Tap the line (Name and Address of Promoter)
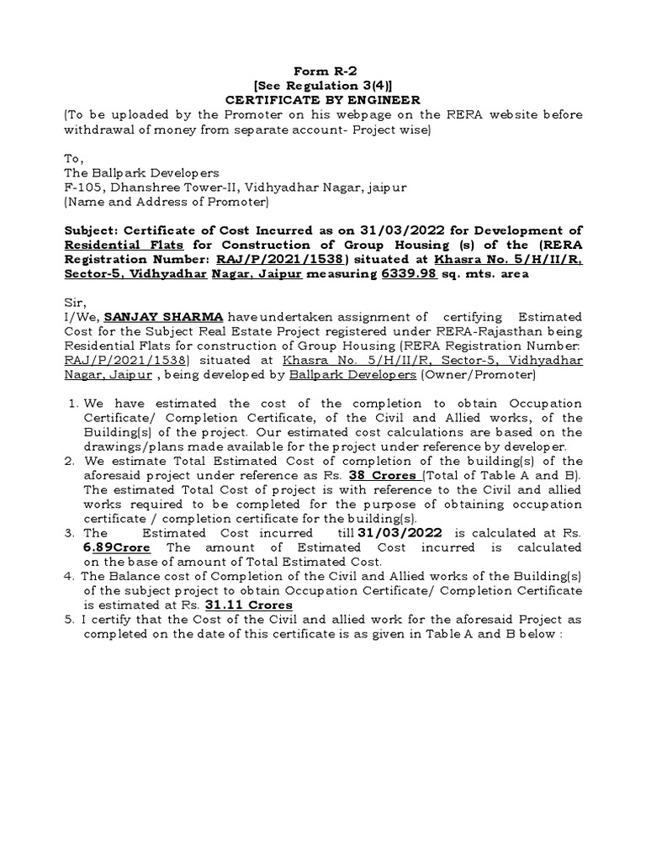pyautogui.click(x=167, y=202)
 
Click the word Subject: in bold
pyautogui.click(x=92, y=231)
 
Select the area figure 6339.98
pyautogui.click(x=432, y=274)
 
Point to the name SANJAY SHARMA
pyautogui.click(x=164, y=317)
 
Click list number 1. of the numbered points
pyautogui.click(x=73, y=403)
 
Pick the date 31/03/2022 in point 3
pyautogui.click(x=400, y=533)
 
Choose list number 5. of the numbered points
pyautogui.click(x=72, y=620)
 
